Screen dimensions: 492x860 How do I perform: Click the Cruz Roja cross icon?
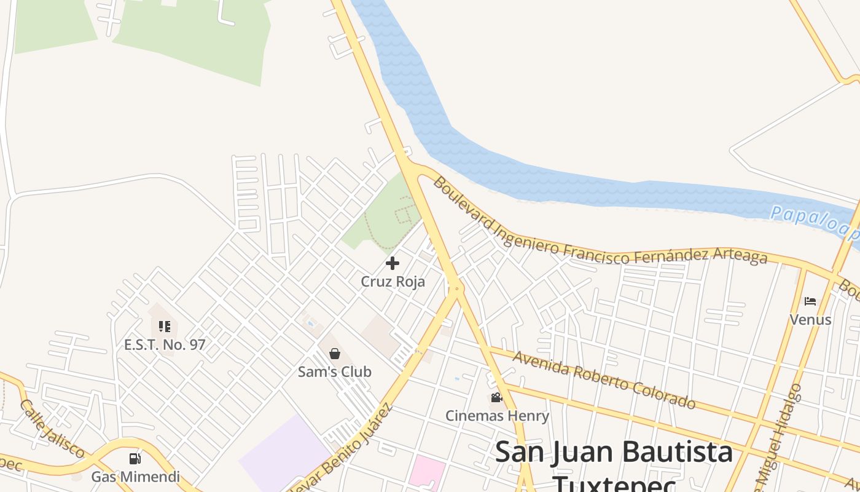coord(393,264)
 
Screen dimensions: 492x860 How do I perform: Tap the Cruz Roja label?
coord(393,282)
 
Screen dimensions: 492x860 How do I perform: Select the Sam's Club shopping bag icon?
coord(335,354)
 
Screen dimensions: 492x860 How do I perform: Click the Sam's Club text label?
coord(335,371)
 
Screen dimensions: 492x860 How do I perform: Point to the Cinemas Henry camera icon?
coord(496,398)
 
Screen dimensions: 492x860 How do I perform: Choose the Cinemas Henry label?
coord(497,416)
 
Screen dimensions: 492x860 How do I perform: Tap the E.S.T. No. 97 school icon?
coord(164,327)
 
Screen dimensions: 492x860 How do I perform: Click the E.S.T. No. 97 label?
coord(165,344)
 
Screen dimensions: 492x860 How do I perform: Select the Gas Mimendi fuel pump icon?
coord(135,459)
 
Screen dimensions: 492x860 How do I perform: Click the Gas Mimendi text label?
coord(136,477)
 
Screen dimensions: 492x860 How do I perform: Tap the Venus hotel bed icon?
coord(810,301)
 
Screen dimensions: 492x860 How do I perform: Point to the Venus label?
coord(810,319)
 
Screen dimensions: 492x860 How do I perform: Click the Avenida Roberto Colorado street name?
coord(604,380)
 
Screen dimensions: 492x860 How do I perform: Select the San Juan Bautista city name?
coord(614,453)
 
